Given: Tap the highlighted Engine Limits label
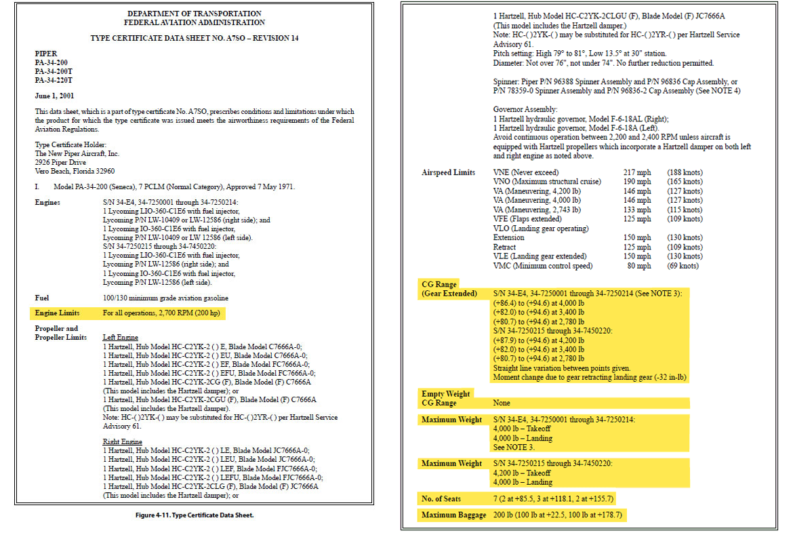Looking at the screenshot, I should coord(57,313).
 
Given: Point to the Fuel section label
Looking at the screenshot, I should coord(43,298).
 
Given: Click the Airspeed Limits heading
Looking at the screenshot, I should coord(448,173).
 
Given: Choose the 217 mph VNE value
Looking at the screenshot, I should coord(636,173).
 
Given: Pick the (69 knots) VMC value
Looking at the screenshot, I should coord(684,266).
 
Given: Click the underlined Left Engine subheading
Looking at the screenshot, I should coord(121,337).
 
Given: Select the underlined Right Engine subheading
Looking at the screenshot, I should coord(123,441).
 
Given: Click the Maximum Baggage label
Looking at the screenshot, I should coord(453,515).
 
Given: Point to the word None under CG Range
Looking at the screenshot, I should coord(502,403).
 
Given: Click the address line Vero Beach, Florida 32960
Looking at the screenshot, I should coord(75,172).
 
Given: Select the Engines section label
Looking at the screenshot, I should coord(47,202).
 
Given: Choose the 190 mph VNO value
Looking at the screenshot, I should coord(636,182).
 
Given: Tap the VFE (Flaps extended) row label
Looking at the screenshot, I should coord(527,219).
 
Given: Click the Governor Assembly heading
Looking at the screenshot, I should coord(525,109).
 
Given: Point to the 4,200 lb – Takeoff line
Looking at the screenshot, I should coord(522,473).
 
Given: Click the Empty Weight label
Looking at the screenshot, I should coord(445,393).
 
